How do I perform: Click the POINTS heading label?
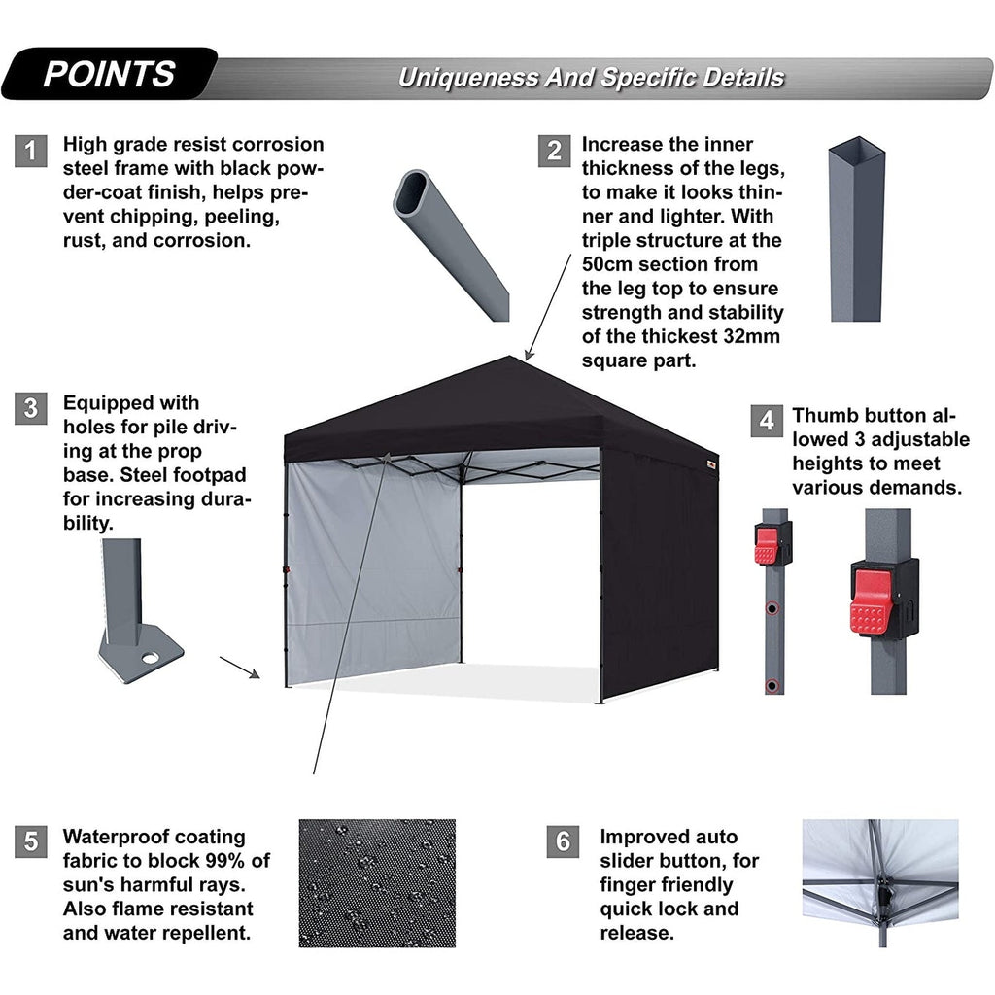click(x=109, y=74)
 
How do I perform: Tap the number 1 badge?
click(x=31, y=151)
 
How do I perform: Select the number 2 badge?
click(x=554, y=151)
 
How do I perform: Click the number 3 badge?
click(x=31, y=409)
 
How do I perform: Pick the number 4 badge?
click(x=767, y=421)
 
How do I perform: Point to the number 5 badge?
click(x=31, y=841)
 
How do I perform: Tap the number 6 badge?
click(x=563, y=841)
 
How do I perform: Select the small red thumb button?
click(x=767, y=546)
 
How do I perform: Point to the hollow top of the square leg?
click(x=856, y=153)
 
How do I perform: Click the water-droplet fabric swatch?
click(x=377, y=882)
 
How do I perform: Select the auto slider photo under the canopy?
click(x=879, y=882)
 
